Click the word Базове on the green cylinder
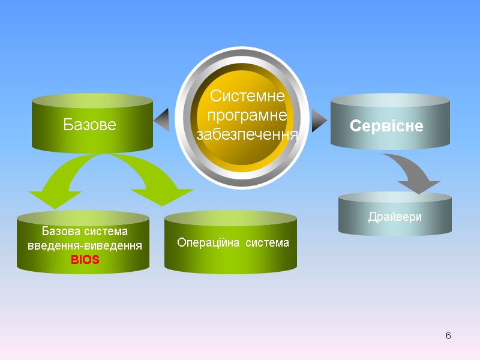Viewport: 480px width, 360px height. pyautogui.click(x=89, y=125)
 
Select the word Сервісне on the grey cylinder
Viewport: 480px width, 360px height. pyautogui.click(x=386, y=126)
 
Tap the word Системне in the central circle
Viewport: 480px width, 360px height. pyautogui.click(x=247, y=96)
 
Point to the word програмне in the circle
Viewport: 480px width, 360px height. pyautogui.click(x=247, y=115)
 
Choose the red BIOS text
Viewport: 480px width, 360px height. pyautogui.click(x=85, y=260)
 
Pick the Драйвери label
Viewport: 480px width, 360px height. pyautogui.click(x=395, y=217)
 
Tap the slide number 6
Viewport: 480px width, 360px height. pyautogui.click(x=448, y=335)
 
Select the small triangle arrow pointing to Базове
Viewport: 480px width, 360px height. pyautogui.click(x=162, y=121)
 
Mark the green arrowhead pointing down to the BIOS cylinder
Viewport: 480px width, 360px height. pyautogui.click(x=50, y=199)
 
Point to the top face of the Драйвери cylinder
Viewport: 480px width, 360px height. pyautogui.click(x=395, y=199)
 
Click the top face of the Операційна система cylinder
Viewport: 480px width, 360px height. pyautogui.click(x=231, y=218)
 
